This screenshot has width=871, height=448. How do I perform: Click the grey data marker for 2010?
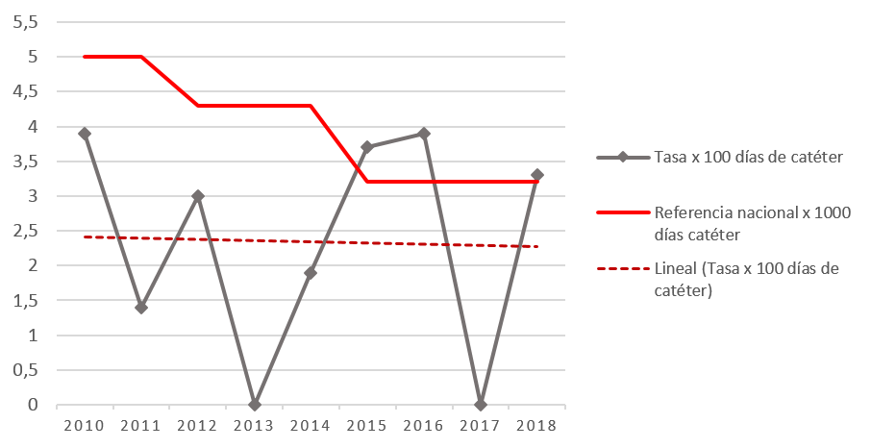(x=85, y=134)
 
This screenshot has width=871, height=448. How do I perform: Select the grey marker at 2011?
(x=141, y=308)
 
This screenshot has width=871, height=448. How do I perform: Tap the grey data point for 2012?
(x=198, y=196)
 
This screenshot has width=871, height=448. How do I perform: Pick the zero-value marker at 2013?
(x=255, y=405)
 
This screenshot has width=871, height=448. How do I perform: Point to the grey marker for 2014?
(x=311, y=273)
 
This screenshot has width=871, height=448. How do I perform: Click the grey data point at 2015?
(x=367, y=147)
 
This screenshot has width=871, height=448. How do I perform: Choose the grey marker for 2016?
(x=424, y=134)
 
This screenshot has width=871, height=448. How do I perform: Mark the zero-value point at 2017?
(x=481, y=405)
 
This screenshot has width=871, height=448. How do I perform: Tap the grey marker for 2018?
(x=537, y=175)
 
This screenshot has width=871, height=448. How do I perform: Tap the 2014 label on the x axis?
(x=311, y=424)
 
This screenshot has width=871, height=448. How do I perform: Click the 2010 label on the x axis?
(x=85, y=424)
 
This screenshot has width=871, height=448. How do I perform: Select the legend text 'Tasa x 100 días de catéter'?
(x=749, y=158)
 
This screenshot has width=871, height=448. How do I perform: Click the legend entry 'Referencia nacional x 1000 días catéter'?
(x=751, y=222)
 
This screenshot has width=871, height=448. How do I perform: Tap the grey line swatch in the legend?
(x=622, y=158)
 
